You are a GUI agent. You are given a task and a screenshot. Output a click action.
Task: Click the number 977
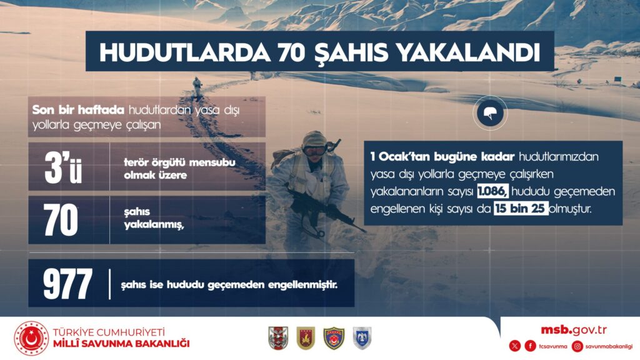click(x=67, y=284)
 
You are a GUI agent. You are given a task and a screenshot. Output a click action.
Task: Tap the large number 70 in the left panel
click(x=61, y=219)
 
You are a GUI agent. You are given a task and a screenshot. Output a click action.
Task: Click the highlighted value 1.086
click(x=492, y=191)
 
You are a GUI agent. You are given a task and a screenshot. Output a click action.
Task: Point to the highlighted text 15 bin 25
click(x=521, y=209)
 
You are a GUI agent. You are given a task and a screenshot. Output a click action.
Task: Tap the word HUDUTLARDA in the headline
click(x=184, y=52)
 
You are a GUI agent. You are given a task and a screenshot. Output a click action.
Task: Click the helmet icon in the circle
click(x=490, y=113)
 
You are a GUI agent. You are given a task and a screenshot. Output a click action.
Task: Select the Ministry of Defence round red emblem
click(x=31, y=338)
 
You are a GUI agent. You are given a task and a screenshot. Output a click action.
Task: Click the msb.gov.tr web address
click(x=574, y=330)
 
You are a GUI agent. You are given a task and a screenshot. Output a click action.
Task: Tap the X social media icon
click(x=515, y=346)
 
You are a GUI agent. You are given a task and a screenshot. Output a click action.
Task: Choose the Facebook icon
click(x=530, y=346)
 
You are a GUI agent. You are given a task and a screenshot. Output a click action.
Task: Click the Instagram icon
click(x=577, y=346)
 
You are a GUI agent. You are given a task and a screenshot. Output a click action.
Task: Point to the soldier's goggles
click(x=314, y=151)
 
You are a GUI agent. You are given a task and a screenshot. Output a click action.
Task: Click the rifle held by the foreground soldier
click(x=326, y=209)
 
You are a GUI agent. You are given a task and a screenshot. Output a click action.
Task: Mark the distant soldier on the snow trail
click(x=197, y=87)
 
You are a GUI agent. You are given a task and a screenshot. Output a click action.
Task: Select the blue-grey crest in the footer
click(x=362, y=338)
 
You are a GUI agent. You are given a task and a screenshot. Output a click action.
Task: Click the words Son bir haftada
click(x=78, y=110)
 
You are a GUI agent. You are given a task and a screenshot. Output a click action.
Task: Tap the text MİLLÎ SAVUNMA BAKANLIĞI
click(x=121, y=344)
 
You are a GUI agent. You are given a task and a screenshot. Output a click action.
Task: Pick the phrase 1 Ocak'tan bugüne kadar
click(x=442, y=157)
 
